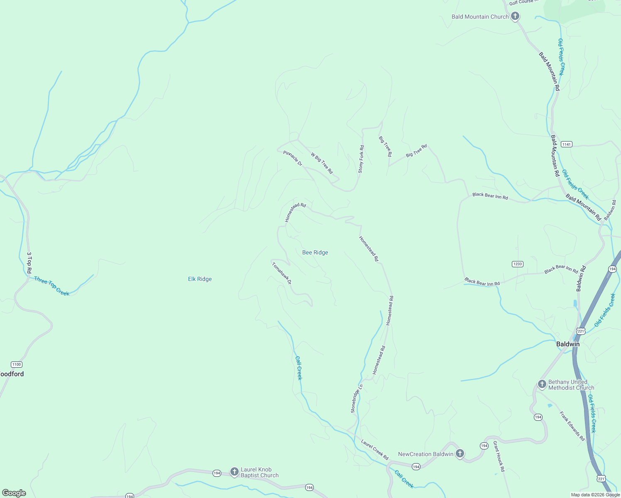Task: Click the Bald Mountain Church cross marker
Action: tap(515, 17)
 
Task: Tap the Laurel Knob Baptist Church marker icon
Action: tap(234, 471)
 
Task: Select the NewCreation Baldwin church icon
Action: tap(460, 454)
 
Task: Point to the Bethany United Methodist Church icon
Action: tap(542, 384)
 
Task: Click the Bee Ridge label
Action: tap(315, 252)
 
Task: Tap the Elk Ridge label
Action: tap(200, 279)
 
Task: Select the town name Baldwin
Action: tap(567, 344)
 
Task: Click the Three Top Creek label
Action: tap(51, 286)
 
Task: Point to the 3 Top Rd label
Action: tap(29, 263)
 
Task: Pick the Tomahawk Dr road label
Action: tap(282, 273)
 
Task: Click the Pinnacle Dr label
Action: tap(293, 158)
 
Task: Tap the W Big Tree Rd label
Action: tap(322, 163)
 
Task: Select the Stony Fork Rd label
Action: tap(361, 159)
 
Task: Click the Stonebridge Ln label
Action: tap(357, 398)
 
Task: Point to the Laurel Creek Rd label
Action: tap(374, 450)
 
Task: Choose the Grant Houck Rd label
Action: tap(499, 456)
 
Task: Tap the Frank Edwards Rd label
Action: tap(572, 426)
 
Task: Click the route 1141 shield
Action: tap(566, 144)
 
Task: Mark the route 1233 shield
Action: tap(517, 264)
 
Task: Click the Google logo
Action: tap(14, 493)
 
